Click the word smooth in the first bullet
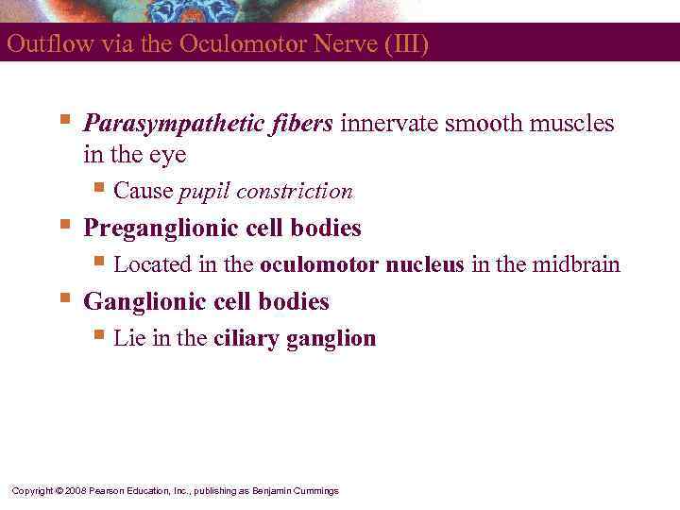point(478,124)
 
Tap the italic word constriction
point(295,192)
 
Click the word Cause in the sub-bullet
point(143,192)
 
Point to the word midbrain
point(575,264)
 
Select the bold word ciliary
point(244,338)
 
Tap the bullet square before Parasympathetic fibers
point(63,120)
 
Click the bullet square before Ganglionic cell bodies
point(63,298)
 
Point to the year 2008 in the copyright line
point(75,491)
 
